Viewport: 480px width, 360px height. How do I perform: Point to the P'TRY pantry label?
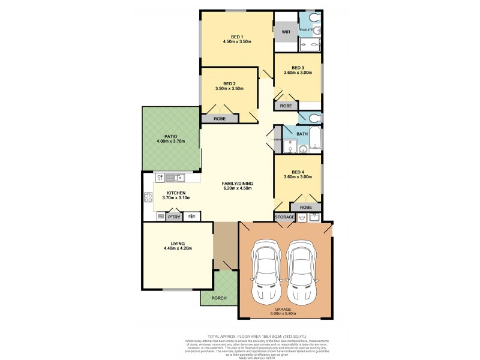click(175, 217)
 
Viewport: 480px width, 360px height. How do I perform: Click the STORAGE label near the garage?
click(285, 217)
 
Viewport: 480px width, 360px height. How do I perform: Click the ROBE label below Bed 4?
click(306, 207)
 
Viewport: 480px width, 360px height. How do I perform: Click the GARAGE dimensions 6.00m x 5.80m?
click(285, 313)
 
